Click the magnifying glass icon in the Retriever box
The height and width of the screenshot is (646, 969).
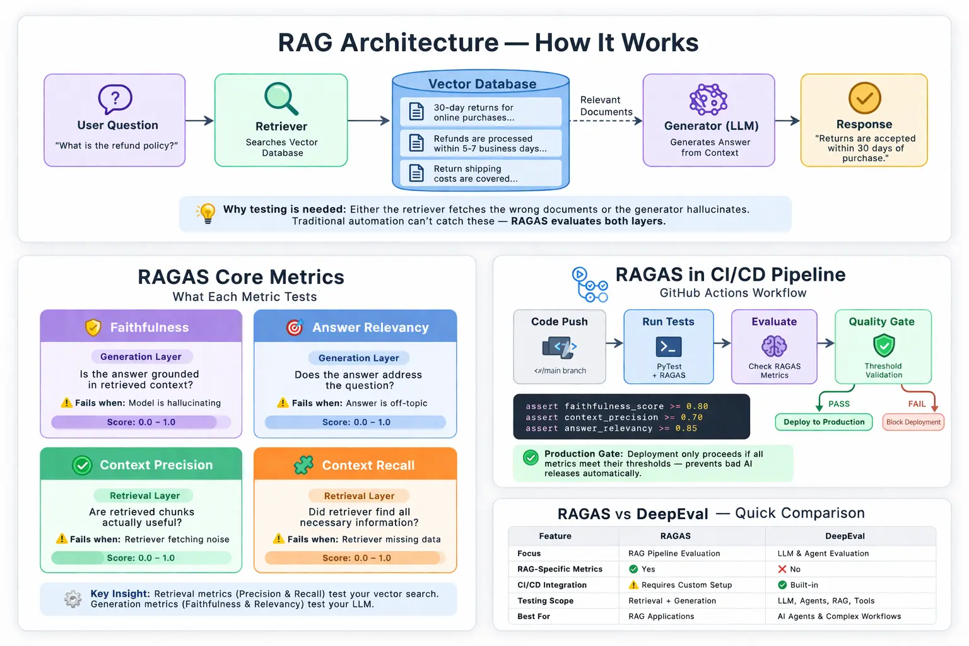click(281, 98)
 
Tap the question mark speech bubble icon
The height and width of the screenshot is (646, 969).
click(115, 99)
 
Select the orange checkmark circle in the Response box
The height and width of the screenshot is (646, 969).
click(864, 98)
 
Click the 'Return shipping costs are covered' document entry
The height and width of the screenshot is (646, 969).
click(481, 173)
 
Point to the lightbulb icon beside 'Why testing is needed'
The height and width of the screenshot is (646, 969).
click(206, 213)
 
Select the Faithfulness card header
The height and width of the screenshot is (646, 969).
click(141, 327)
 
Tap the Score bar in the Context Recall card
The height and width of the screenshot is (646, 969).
click(355, 558)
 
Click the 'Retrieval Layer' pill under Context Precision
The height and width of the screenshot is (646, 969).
click(144, 496)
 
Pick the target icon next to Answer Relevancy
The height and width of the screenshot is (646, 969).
click(294, 327)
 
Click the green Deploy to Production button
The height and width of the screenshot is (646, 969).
click(823, 422)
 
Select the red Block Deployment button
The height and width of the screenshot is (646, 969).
click(913, 422)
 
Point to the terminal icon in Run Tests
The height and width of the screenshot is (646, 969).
click(668, 346)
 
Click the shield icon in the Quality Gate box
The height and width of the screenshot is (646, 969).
click(883, 345)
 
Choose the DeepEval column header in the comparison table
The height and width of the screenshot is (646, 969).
click(845, 536)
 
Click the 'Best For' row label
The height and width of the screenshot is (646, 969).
click(534, 616)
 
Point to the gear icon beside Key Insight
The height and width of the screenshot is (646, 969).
click(73, 599)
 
